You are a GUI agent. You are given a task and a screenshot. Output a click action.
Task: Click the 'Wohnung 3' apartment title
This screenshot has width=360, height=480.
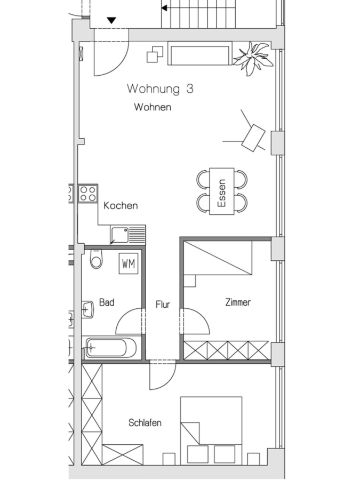160,89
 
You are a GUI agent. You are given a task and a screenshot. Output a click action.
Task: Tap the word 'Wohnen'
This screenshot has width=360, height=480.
153,107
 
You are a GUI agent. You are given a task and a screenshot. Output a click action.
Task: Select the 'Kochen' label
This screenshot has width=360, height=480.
121,206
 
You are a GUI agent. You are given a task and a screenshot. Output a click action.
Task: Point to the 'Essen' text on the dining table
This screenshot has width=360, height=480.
222,193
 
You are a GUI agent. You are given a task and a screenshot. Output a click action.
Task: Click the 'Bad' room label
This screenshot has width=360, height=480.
107,302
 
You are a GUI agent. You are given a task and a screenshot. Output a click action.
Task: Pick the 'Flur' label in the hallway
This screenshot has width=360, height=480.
163,305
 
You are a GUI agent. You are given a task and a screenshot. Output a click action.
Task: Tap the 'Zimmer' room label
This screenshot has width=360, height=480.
238,302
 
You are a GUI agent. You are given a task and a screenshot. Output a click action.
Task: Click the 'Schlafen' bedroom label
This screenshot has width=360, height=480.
145,423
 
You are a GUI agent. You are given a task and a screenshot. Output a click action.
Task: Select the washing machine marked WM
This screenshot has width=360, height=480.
129,263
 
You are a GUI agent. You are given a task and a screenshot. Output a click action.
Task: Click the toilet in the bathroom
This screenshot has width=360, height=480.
97,259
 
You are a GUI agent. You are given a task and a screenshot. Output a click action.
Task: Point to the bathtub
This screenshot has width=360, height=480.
111,348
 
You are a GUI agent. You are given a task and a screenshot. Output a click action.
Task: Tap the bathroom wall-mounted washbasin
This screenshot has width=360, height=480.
87,309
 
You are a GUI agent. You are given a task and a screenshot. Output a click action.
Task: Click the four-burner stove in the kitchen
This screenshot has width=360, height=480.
88,194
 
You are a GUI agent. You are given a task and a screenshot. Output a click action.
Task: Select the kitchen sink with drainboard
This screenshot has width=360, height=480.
128,235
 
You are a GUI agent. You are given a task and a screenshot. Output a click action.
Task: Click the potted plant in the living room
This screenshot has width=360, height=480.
253,58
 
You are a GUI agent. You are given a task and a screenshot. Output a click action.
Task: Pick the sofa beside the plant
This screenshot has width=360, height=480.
199,53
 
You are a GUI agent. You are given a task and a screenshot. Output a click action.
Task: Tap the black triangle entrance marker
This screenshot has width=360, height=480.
112,20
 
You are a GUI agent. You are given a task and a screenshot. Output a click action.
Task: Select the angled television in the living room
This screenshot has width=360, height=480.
253,138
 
